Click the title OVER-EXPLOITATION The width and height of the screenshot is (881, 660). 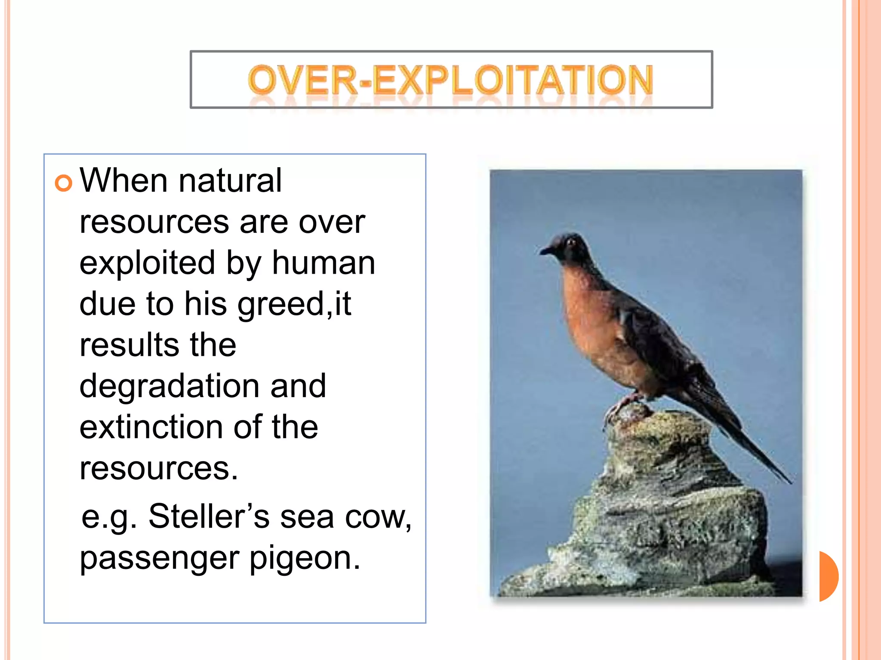pos(450,80)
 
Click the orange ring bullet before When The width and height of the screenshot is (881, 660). pos(63,183)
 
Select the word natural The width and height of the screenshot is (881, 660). pos(230,180)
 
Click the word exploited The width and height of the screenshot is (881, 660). pos(147,263)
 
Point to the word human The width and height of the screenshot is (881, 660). pos(323,263)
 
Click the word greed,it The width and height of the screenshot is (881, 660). pos(294,304)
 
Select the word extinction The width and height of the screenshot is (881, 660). pos(150,428)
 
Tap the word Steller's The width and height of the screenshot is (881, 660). pos(209,516)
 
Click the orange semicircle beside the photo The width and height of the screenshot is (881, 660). pos(828,576)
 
